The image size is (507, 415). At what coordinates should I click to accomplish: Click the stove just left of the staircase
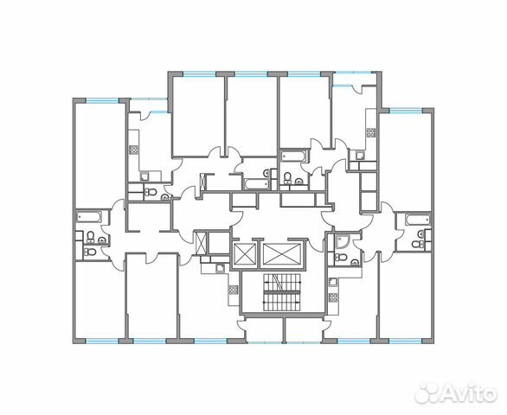click(230, 288)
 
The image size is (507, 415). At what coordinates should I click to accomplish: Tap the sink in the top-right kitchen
click(371, 147)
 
